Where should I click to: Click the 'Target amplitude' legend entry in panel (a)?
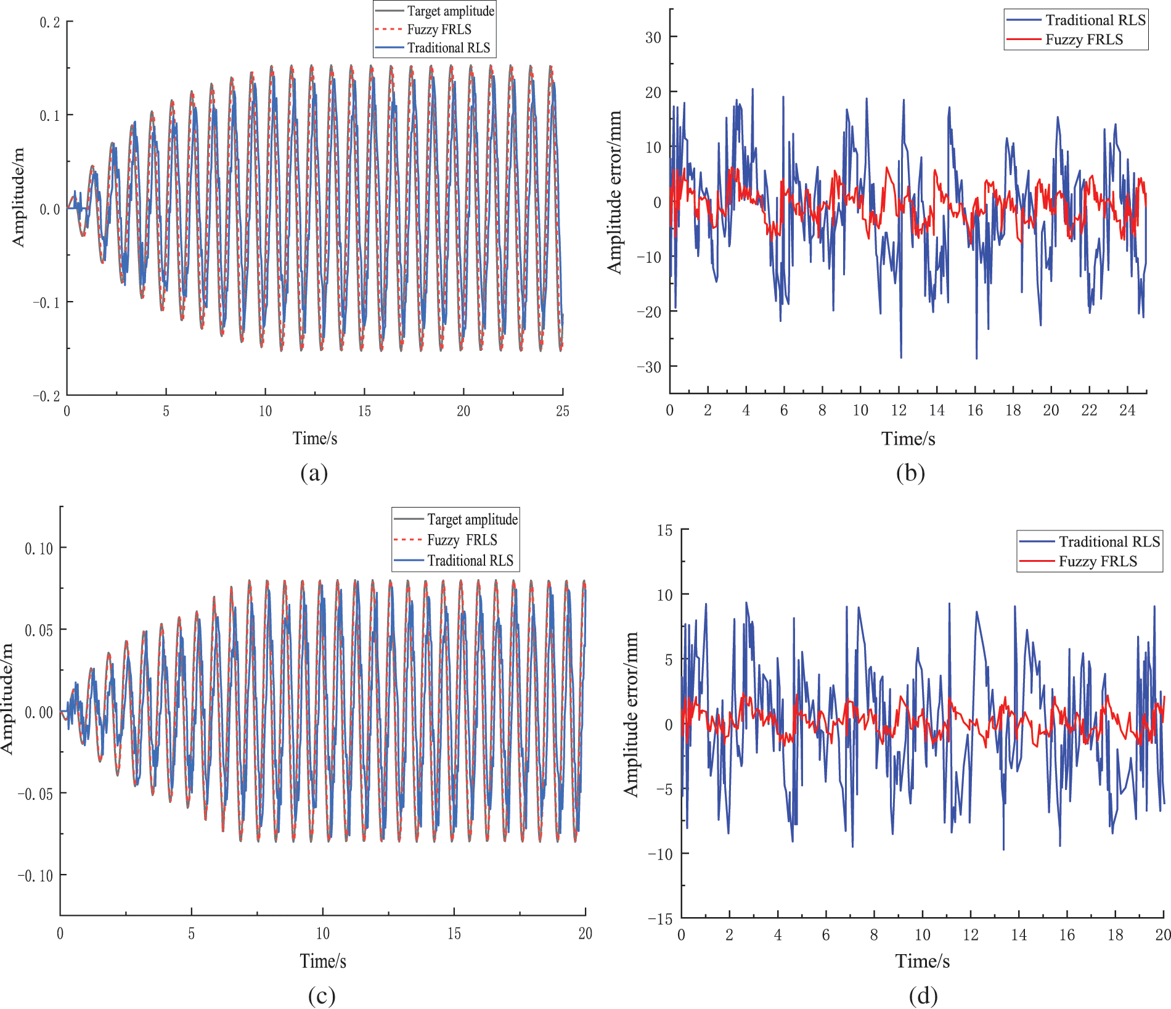[451, 11]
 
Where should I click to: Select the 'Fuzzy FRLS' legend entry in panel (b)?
[1084, 40]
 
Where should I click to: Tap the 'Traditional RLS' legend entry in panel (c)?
[470, 561]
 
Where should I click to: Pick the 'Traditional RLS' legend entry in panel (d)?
[1109, 542]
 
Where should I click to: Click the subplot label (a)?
[314, 473]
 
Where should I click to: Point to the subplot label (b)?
[910, 473]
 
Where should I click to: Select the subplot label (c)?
[321, 995]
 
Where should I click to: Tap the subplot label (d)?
[923, 995]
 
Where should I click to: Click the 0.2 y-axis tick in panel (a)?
[50, 23]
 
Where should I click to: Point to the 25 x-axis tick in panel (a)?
[562, 411]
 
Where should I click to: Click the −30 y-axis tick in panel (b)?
[649, 367]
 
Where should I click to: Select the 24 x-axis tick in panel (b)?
[1127, 411]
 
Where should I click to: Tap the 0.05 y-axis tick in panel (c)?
[39, 630]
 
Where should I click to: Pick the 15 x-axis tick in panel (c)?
[454, 934]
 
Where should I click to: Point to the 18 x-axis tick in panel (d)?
[1115, 935]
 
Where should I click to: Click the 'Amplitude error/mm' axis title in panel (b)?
[614, 192]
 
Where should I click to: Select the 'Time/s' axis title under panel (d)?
[922, 962]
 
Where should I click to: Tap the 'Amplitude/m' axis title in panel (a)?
[18, 197]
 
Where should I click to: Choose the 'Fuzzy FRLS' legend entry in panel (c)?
[462, 540]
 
